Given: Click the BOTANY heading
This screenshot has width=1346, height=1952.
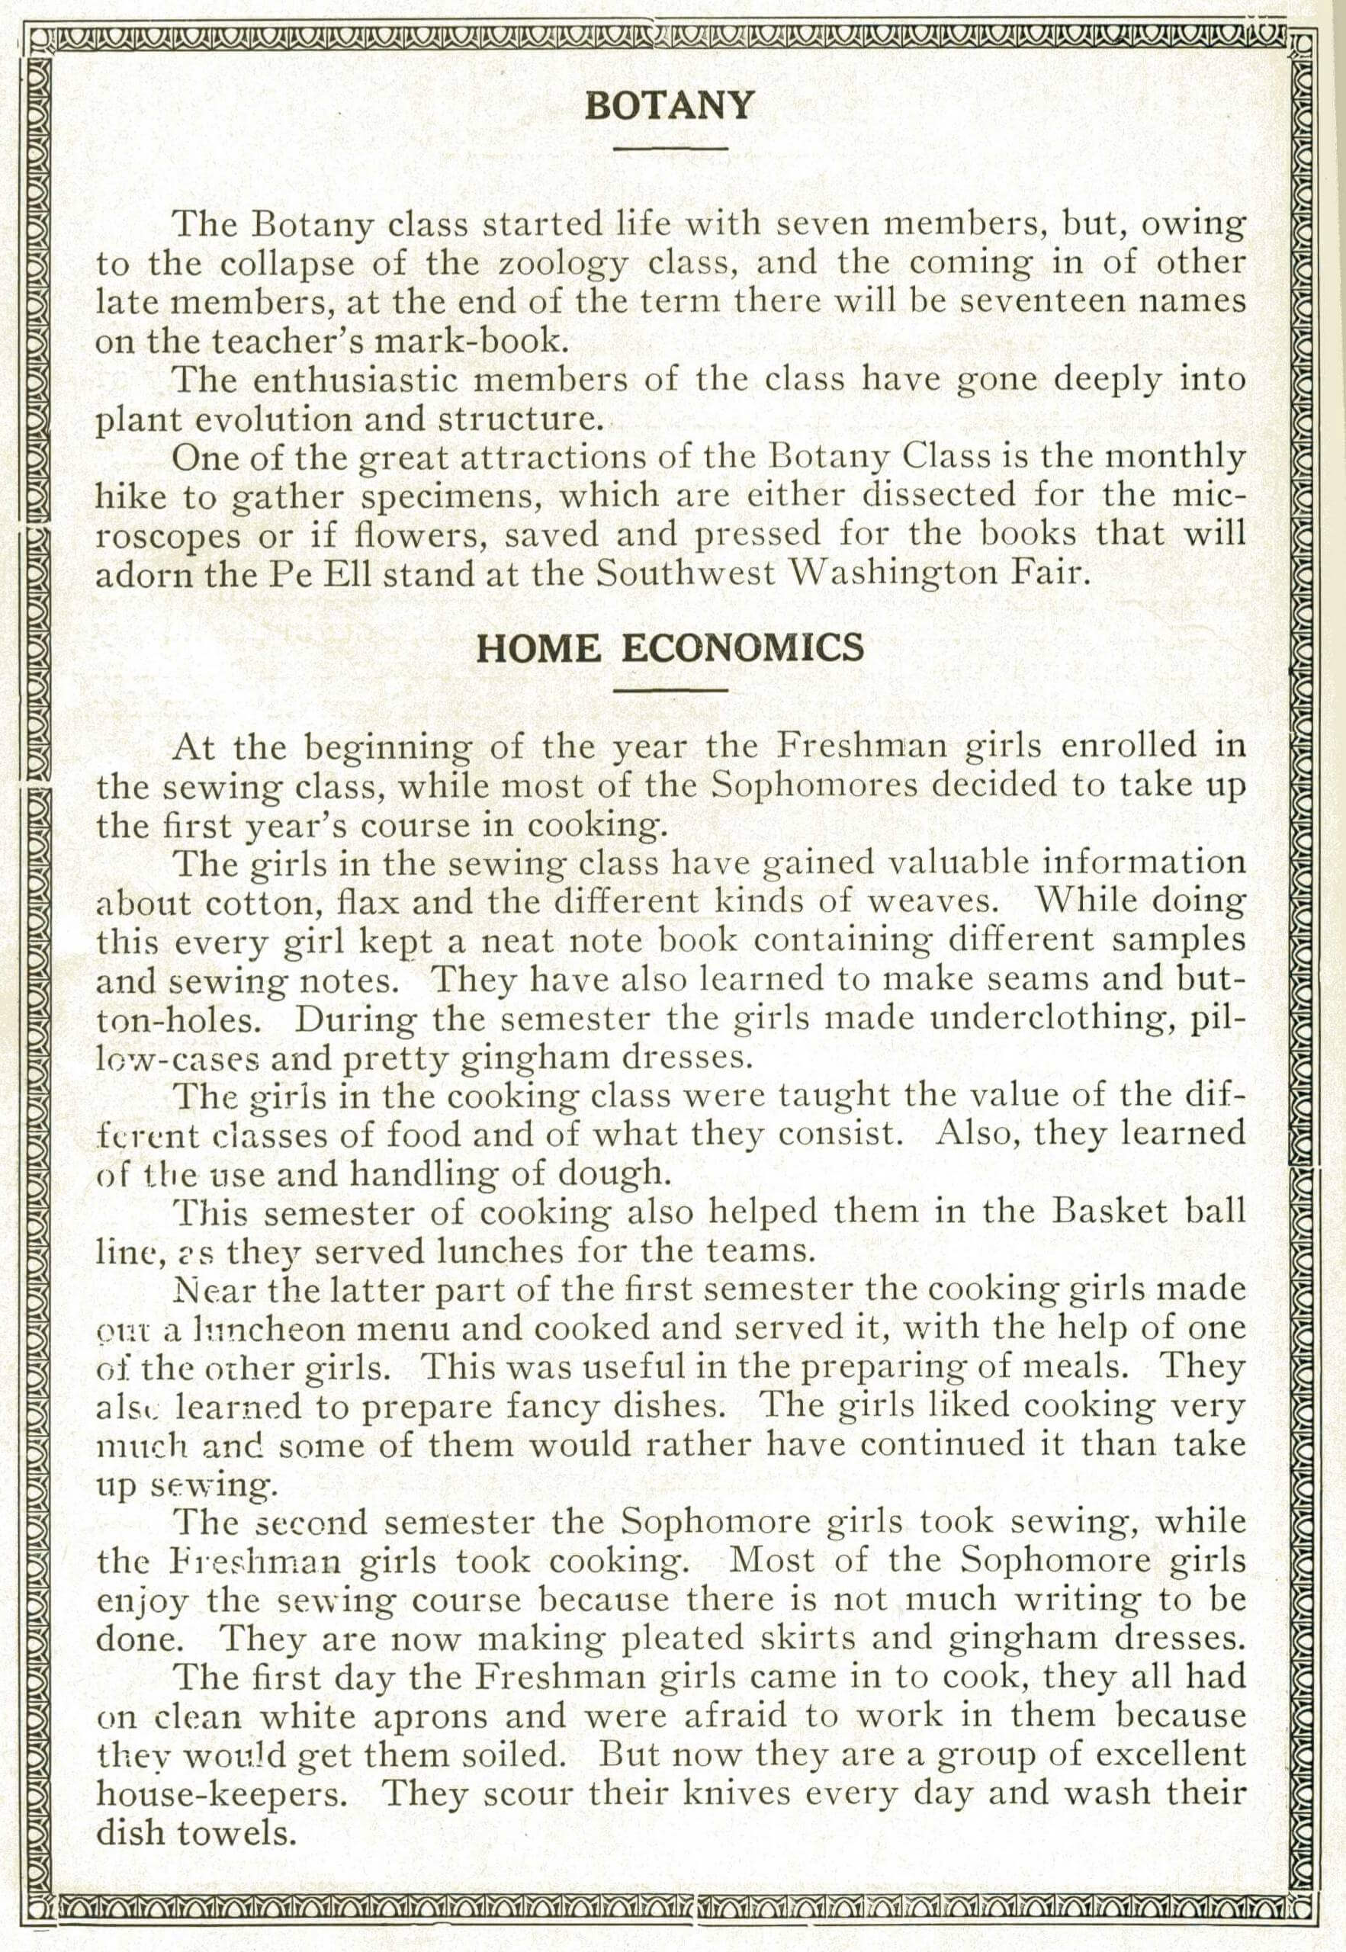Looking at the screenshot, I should [x=669, y=106].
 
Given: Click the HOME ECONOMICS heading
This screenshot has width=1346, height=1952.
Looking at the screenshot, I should [x=670, y=648].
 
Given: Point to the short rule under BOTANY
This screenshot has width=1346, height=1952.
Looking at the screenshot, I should [x=670, y=149].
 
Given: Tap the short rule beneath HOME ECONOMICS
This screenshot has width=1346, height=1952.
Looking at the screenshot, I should [x=670, y=692].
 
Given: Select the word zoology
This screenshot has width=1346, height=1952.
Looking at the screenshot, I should [x=562, y=265].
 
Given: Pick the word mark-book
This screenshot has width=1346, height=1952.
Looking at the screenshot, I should [x=479, y=341].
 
